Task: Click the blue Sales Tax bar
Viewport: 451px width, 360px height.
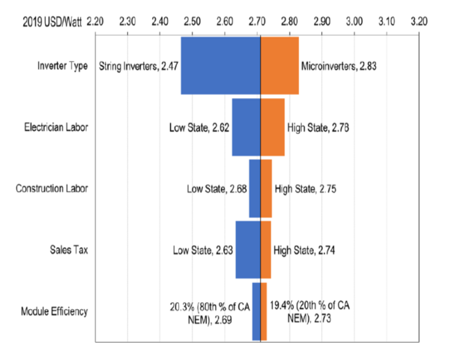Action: pos(247,250)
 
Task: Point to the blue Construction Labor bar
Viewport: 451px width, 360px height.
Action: pos(255,189)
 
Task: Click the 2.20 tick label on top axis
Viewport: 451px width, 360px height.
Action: pos(94,22)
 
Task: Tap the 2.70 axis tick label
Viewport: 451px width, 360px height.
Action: pos(257,22)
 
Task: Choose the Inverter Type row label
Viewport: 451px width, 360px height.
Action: pos(62,66)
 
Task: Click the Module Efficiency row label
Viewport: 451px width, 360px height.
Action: pos(55,311)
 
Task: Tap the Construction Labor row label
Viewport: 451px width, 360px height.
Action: pos(52,189)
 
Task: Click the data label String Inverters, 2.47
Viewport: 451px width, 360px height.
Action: pos(138,66)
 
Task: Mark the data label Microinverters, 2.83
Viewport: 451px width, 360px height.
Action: pos(338,66)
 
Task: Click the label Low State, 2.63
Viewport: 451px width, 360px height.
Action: pos(202,250)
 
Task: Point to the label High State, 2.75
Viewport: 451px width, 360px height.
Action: pos(305,189)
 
